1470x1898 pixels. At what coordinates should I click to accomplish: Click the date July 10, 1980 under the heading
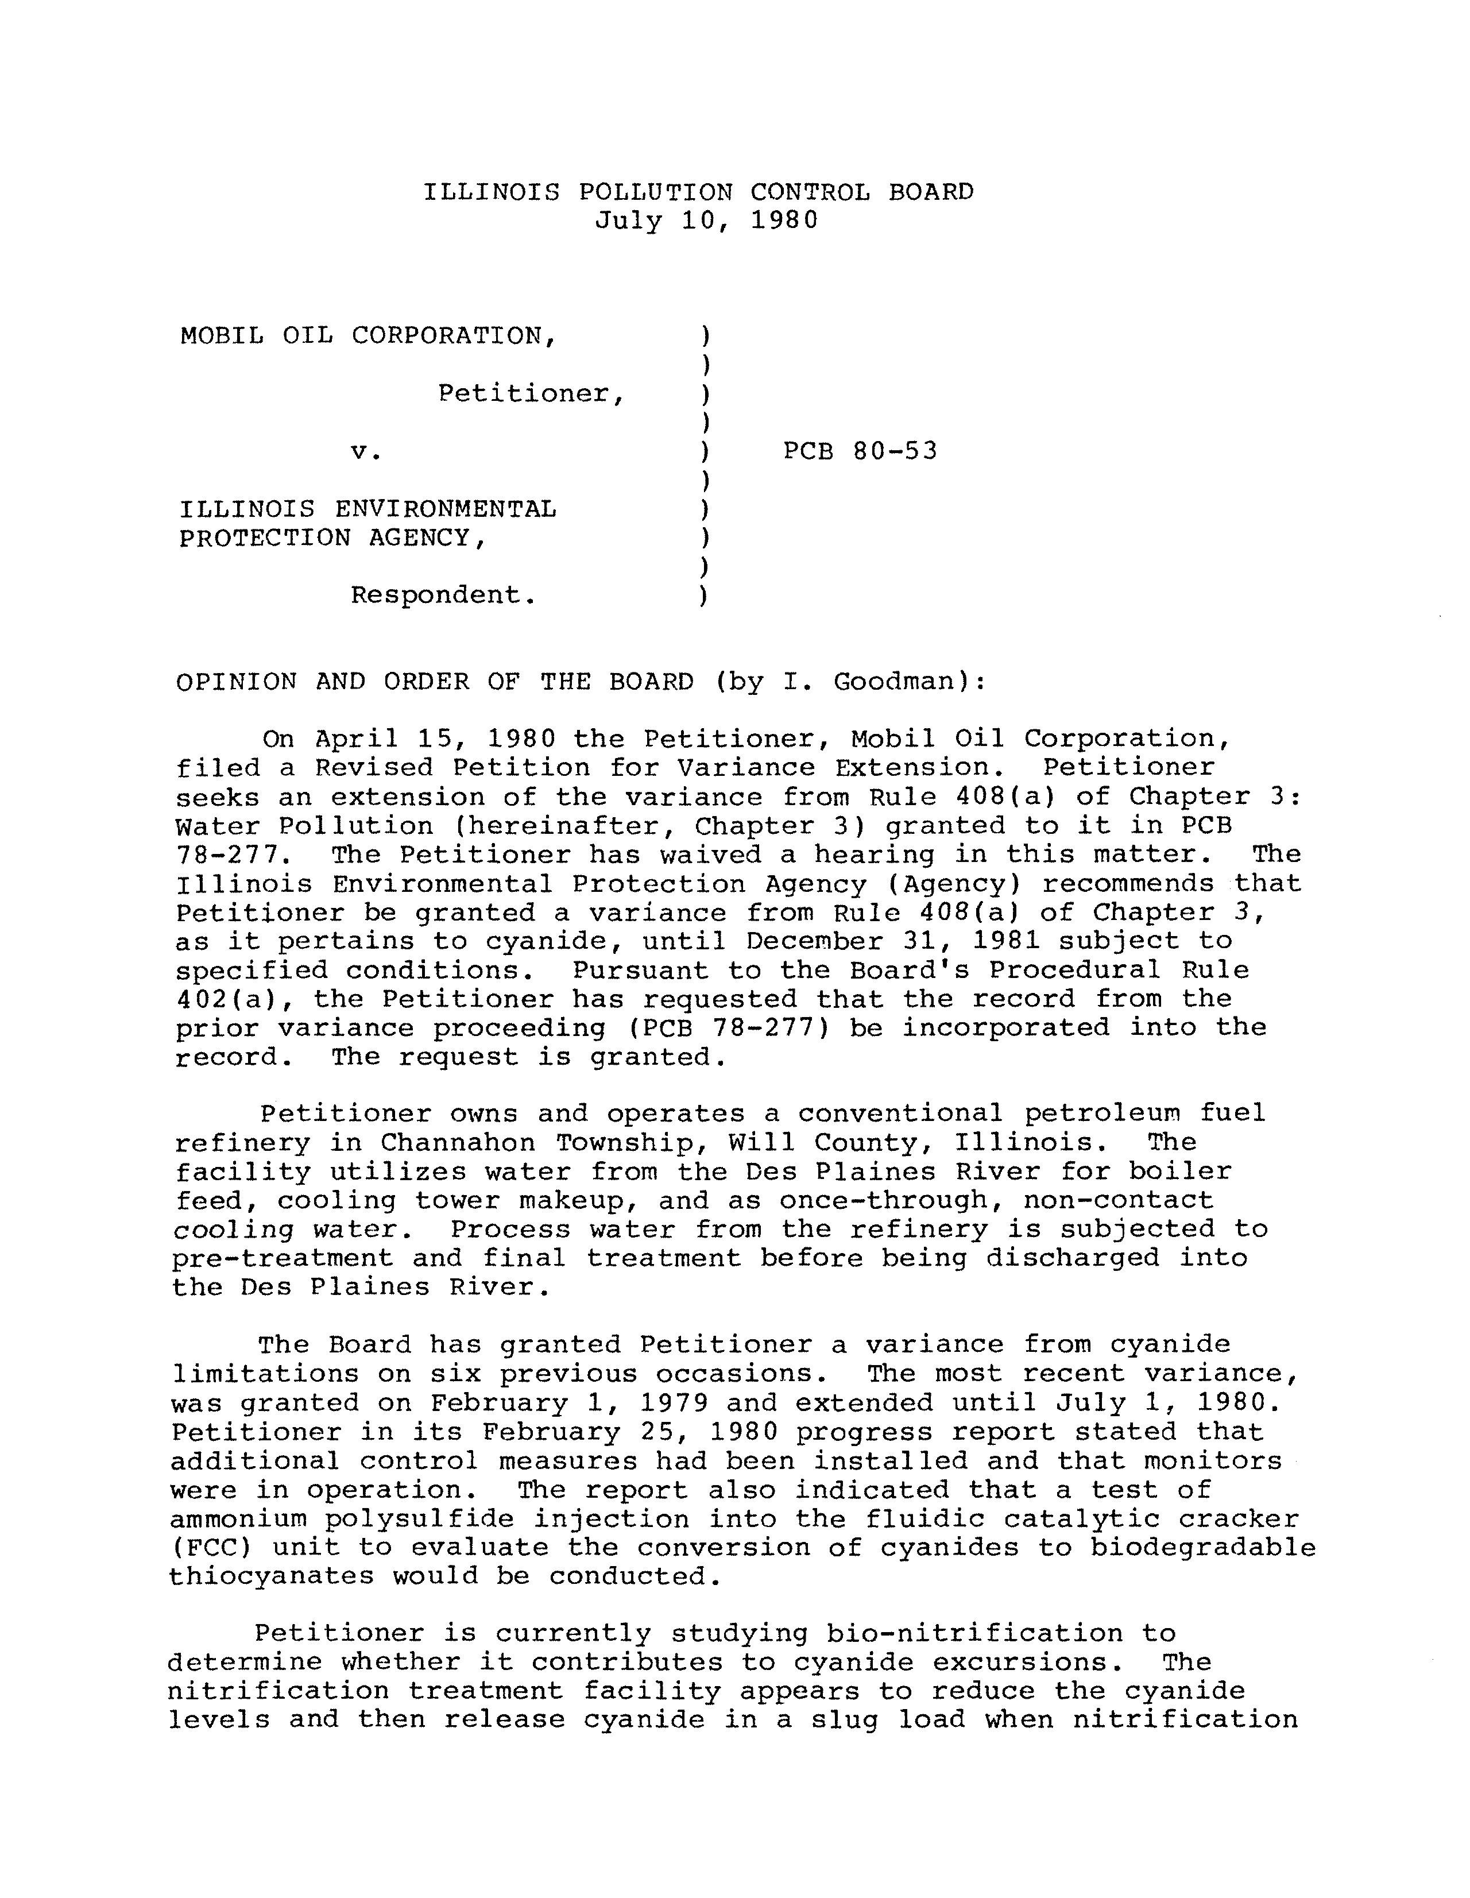(x=706, y=221)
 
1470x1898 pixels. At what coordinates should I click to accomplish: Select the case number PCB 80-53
(x=860, y=451)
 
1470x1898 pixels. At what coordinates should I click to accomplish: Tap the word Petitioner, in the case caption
(x=531, y=394)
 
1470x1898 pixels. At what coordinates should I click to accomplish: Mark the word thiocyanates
(x=271, y=1576)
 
